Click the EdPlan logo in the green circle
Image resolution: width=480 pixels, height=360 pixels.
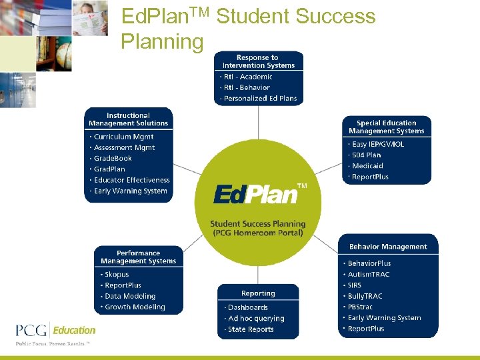256,194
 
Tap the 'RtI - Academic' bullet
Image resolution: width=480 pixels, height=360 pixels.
248,77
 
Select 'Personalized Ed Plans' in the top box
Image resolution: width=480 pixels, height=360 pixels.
260,99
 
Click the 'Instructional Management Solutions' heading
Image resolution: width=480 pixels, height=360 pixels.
129,119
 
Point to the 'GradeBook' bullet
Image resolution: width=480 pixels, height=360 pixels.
113,159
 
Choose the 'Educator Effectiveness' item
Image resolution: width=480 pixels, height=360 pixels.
131,180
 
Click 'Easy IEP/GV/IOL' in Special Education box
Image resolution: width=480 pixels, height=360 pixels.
378,144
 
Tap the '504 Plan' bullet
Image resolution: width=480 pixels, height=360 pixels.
366,155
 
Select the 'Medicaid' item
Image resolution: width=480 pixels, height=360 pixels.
367,166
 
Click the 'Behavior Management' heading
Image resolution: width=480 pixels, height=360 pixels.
388,247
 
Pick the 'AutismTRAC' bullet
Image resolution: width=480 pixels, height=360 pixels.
369,275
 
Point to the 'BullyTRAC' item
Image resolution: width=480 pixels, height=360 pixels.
365,296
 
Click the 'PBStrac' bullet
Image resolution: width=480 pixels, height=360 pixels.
360,307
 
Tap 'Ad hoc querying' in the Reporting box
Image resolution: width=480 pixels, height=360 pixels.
256,319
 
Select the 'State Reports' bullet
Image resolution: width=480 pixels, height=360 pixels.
251,329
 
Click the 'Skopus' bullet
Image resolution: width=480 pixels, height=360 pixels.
117,275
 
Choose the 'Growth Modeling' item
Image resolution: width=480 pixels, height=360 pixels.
135,307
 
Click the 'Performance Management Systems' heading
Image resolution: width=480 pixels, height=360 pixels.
138,257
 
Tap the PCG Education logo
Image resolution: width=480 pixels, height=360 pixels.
56,331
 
